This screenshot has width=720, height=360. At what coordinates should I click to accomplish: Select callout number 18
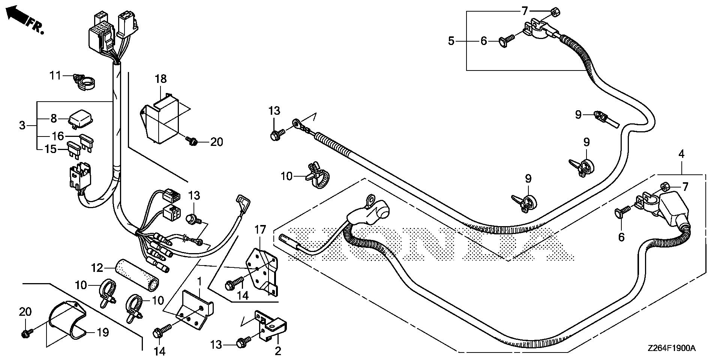pos(160,79)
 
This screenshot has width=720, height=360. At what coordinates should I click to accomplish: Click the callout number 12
pos(97,268)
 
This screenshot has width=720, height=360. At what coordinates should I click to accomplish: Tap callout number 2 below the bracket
pos(278,351)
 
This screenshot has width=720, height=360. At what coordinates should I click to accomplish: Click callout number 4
pos(681,154)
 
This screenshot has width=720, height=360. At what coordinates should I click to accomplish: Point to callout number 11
pos(55,76)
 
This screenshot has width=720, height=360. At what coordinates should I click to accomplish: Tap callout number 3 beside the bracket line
pos(22,125)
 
